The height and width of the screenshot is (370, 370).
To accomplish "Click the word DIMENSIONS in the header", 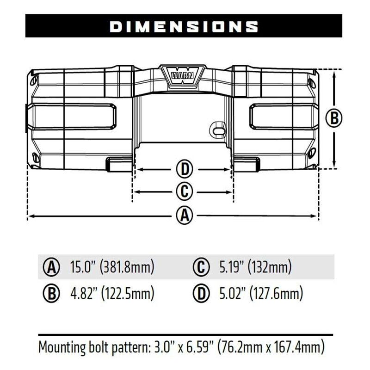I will click(184, 26).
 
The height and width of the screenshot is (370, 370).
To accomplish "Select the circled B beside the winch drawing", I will click(333, 118).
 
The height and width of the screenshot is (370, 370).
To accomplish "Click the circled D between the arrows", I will click(184, 170).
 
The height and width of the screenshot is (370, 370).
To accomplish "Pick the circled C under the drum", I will click(184, 191).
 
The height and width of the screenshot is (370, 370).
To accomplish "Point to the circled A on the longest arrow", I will click(185, 216).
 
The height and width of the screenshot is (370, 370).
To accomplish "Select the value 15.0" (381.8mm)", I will click(112, 267).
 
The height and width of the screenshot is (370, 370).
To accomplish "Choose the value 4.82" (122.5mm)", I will click(112, 293).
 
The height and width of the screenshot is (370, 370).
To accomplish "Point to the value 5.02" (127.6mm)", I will click(260, 293).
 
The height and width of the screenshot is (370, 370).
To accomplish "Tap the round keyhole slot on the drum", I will click(218, 129).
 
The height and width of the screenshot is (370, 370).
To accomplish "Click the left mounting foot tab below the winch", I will click(119, 162).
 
